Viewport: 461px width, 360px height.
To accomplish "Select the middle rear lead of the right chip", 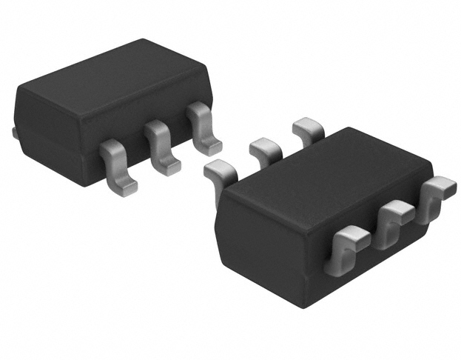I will click(x=264, y=148).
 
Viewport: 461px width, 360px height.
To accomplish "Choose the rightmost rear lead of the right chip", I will click(x=307, y=130).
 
